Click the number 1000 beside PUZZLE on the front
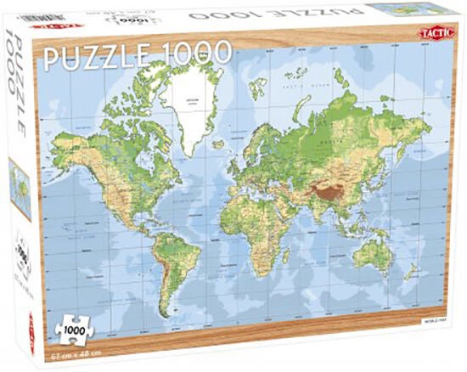coord(201,53)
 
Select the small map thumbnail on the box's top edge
coord(398,8)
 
